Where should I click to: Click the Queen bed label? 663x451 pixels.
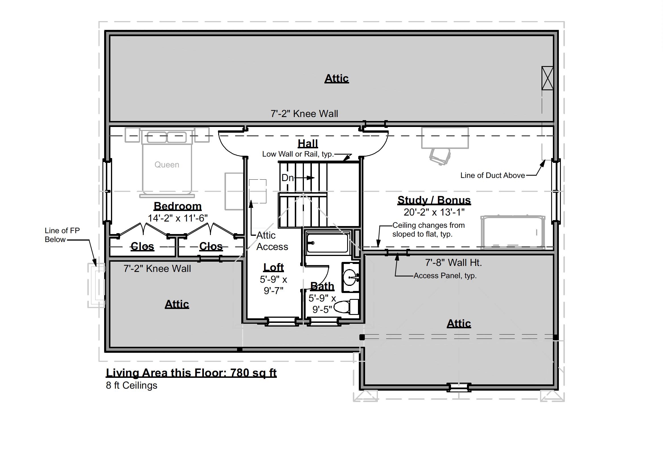(167, 165)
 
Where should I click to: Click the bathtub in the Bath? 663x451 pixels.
(328, 243)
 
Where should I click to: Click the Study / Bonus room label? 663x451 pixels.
(434, 200)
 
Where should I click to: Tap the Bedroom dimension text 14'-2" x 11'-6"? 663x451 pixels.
(178, 218)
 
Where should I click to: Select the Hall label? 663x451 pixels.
(308, 143)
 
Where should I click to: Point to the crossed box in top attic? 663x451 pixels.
(547, 78)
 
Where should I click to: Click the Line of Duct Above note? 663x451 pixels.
(492, 175)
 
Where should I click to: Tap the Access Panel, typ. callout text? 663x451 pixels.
(445, 275)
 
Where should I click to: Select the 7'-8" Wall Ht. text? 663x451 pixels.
(453, 263)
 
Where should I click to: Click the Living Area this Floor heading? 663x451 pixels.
(191, 372)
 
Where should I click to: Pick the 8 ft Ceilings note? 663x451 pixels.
(131, 385)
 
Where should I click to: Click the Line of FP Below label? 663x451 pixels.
(62, 235)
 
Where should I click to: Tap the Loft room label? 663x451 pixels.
(273, 267)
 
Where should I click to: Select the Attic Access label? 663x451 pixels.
(271, 241)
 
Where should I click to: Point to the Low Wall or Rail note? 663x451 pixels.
(298, 154)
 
